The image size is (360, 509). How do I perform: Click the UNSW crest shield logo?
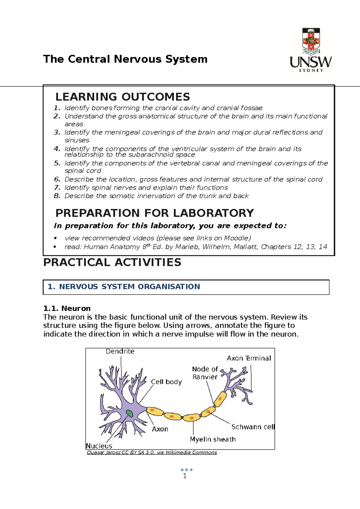coord(311,39)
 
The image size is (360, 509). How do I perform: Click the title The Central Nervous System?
coord(125,59)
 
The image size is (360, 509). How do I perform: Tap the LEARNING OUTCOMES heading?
coord(123,97)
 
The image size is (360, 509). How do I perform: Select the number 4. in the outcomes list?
coord(57,149)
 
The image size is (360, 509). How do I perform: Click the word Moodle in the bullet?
coord(236,238)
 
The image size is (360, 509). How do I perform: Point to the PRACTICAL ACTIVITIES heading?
coord(112,262)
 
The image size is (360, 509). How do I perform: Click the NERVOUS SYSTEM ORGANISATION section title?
coord(129,287)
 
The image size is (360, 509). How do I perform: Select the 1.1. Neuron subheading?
coord(67,308)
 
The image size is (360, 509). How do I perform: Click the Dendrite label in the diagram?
coord(120,351)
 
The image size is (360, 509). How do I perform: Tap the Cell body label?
coord(166,382)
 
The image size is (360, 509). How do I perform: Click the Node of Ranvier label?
coord(205,373)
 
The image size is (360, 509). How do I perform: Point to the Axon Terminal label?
coord(249,358)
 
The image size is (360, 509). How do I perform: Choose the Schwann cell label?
coord(253,427)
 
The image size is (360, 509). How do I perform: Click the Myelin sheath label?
coord(213,439)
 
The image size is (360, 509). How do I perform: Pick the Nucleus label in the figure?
coord(99,446)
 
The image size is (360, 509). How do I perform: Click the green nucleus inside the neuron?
coord(129,413)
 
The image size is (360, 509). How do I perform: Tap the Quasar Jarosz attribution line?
coord(152,452)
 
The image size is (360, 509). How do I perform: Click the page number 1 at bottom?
coord(185,476)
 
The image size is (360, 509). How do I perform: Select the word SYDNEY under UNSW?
coord(311,70)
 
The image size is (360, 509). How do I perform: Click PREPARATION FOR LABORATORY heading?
coord(154,213)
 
